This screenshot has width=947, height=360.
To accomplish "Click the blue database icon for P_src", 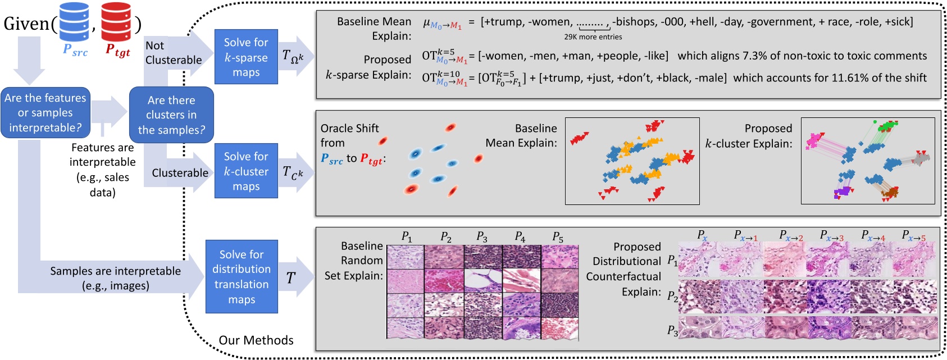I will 74,21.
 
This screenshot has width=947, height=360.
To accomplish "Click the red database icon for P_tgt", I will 116,21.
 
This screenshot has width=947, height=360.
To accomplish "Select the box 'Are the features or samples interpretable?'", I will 45,113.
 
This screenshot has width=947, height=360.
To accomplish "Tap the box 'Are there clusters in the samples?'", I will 171,115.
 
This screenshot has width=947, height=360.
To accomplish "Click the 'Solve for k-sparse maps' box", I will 246,57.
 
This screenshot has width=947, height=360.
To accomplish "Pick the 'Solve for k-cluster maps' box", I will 246,171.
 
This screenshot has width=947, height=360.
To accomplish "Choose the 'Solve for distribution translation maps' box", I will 242,277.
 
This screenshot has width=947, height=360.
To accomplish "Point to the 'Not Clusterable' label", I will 173,53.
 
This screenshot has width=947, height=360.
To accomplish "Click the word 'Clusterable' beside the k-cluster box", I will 180,173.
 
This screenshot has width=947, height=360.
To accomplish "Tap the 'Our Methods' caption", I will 256,340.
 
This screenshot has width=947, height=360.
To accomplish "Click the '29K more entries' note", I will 593,37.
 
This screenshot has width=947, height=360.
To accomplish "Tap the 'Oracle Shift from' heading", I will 349,135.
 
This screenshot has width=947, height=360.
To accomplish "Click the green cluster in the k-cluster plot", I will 885,126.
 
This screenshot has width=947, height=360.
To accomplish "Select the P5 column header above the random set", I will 557,237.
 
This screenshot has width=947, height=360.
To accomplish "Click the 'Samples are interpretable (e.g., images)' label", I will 115,278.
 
